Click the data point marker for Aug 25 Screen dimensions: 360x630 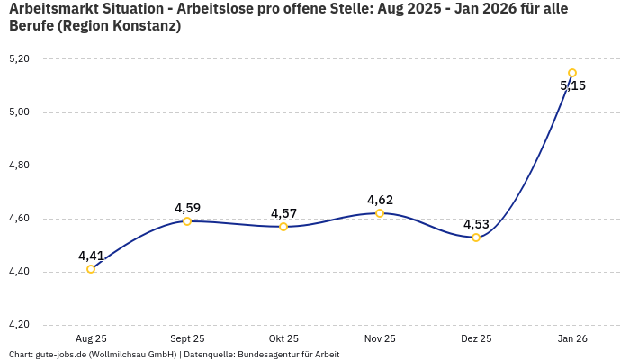pyautogui.click(x=91, y=269)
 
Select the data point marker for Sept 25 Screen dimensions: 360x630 pyautogui.click(x=187, y=221)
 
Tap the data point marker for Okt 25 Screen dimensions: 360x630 pyautogui.click(x=283, y=227)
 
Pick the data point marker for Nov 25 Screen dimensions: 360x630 pyautogui.click(x=380, y=213)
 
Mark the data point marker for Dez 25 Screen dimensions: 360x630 pyautogui.click(x=476, y=238)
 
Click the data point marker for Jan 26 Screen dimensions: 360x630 pyautogui.click(x=572, y=73)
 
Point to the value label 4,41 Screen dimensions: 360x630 pyautogui.click(x=91, y=256)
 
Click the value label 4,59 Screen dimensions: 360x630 pyautogui.click(x=187, y=208)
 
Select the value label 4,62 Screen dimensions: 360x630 pyautogui.click(x=380, y=200)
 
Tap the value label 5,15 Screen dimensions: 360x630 pyautogui.click(x=572, y=86)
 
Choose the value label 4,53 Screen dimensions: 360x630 pyautogui.click(x=476, y=224)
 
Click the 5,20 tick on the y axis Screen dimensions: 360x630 pyautogui.click(x=19, y=59)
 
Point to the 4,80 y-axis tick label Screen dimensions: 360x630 pyautogui.click(x=19, y=166)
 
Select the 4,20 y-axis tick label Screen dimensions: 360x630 pyautogui.click(x=19, y=325)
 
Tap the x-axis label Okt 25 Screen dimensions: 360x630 pyautogui.click(x=283, y=338)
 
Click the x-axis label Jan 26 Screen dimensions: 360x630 pyautogui.click(x=572, y=338)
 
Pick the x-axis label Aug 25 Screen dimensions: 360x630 pyautogui.click(x=91, y=338)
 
